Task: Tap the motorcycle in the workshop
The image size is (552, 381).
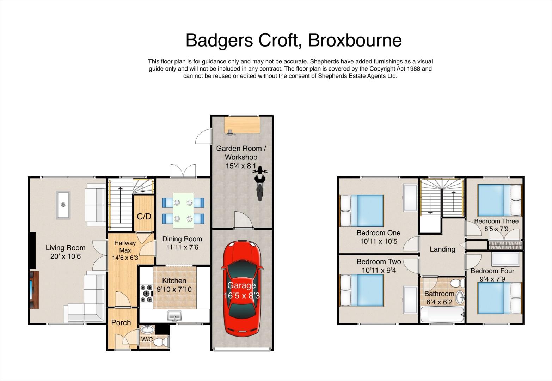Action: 260,183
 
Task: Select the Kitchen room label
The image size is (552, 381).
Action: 174,280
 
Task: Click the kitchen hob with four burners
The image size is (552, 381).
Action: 146,294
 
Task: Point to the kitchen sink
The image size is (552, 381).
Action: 174,316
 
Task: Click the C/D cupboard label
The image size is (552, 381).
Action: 144,217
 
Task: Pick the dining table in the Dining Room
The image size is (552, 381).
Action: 183,211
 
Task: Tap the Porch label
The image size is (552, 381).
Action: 121,322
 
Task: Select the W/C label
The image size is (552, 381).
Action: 147,339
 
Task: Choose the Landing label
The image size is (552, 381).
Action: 442,249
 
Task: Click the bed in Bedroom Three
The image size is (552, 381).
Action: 499,200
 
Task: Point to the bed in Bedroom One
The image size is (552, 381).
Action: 362,211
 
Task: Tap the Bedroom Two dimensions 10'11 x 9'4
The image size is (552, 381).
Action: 379,270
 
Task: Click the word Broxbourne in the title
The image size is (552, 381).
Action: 355,40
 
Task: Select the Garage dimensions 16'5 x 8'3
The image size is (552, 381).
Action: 241,295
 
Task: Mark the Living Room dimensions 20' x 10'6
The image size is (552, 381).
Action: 66,256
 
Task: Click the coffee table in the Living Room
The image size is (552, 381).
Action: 63,205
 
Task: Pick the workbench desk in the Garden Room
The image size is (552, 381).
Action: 242,125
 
